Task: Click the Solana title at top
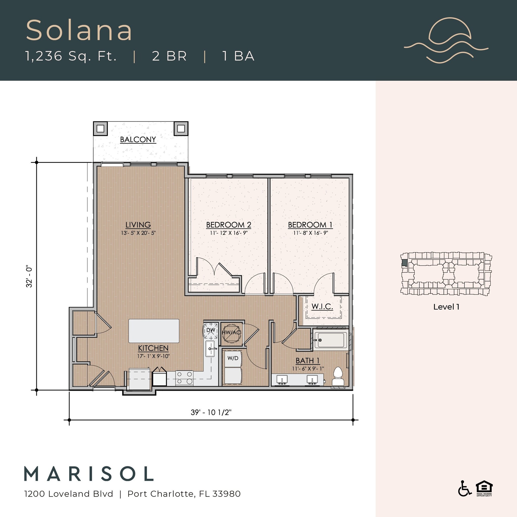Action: tap(79, 31)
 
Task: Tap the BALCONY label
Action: tap(138, 139)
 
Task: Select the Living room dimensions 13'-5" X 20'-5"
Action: tap(138, 233)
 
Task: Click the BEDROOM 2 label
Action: tap(228, 225)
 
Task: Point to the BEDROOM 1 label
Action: tap(310, 225)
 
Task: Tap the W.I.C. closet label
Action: tap(322, 306)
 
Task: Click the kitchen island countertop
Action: tap(154, 331)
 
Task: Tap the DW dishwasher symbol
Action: tap(211, 330)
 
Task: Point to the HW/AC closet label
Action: tap(231, 333)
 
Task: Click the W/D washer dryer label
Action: tap(232, 358)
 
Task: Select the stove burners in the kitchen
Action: tap(184, 378)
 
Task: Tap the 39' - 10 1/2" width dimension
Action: tap(211, 412)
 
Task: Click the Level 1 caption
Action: tap(446, 307)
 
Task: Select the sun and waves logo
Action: tap(446, 40)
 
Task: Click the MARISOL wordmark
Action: tap(89, 474)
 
